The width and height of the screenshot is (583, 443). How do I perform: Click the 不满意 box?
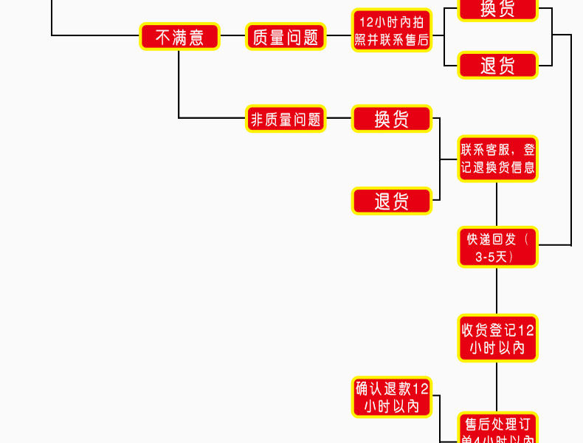pyautogui.click(x=179, y=37)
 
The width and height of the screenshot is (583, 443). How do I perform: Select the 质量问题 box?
pyautogui.click(x=285, y=37)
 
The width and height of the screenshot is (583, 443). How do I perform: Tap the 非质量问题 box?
pyautogui.click(x=286, y=118)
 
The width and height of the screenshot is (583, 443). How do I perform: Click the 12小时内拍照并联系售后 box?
pyautogui.click(x=391, y=30)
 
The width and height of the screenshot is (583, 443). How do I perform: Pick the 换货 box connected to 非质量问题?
pyautogui.click(x=391, y=118)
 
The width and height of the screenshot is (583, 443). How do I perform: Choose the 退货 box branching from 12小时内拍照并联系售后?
pyautogui.click(x=497, y=65)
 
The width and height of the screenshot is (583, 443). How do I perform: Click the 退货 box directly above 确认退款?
pyautogui.click(x=391, y=201)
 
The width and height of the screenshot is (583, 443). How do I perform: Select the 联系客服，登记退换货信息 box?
pyautogui.click(x=497, y=158)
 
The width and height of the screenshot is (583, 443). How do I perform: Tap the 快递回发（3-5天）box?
pyautogui.click(x=497, y=247)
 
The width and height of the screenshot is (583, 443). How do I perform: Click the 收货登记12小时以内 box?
pyautogui.click(x=497, y=338)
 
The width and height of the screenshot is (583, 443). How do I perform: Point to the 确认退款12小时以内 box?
pyautogui.click(x=391, y=397)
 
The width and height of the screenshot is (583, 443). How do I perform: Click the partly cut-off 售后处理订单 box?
pyautogui.click(x=497, y=429)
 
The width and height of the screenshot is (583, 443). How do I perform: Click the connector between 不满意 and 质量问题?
pyautogui.click(x=232, y=36)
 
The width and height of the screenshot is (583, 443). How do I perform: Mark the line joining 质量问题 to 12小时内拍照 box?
pyautogui.click(x=338, y=36)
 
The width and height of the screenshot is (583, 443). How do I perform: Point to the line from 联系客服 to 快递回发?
pyautogui.click(x=497, y=204)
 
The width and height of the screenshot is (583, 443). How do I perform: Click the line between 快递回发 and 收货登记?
pyautogui.click(x=497, y=291)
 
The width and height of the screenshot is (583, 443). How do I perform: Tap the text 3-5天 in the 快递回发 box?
pyautogui.click(x=494, y=257)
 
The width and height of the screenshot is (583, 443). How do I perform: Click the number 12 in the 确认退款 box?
pyautogui.click(x=420, y=388)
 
